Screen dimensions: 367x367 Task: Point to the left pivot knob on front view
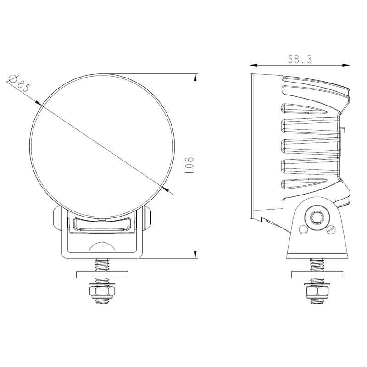(56, 218)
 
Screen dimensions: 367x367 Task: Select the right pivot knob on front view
(147, 218)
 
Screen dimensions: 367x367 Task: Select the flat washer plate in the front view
(102, 275)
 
